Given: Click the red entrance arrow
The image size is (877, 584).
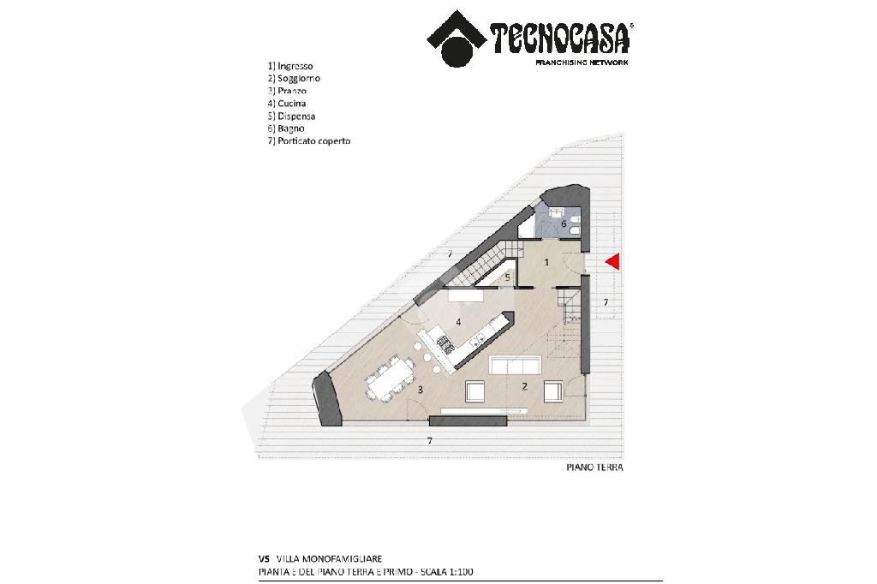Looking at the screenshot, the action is (x=613, y=262).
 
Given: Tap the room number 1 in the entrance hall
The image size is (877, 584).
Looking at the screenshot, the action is (x=546, y=262).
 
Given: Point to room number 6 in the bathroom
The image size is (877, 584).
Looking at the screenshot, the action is (x=564, y=223).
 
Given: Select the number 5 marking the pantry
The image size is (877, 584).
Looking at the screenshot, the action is (x=507, y=277).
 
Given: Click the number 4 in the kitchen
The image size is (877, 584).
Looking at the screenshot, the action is (x=458, y=322).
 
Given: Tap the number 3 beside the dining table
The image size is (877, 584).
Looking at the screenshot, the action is (x=420, y=390).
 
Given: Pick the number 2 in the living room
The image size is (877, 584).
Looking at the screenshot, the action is (x=524, y=386).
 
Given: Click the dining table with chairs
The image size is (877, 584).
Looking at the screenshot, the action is (x=390, y=379).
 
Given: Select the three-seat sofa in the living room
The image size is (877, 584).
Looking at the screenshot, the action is (x=515, y=366).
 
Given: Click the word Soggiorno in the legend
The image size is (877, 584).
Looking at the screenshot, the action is (x=299, y=78).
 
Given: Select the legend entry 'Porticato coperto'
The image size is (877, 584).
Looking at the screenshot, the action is (x=313, y=141).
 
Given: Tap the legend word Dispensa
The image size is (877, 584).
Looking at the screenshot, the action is (x=296, y=116).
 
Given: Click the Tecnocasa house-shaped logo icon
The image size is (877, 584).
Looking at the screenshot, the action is (x=456, y=38).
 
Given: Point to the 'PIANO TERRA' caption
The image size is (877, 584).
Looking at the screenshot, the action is (x=594, y=467).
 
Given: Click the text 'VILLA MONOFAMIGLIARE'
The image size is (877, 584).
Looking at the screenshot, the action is (x=330, y=559).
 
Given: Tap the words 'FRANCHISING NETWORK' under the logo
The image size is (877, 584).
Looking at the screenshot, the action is (x=582, y=63).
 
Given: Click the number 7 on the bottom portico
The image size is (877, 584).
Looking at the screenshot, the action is (x=430, y=441).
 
